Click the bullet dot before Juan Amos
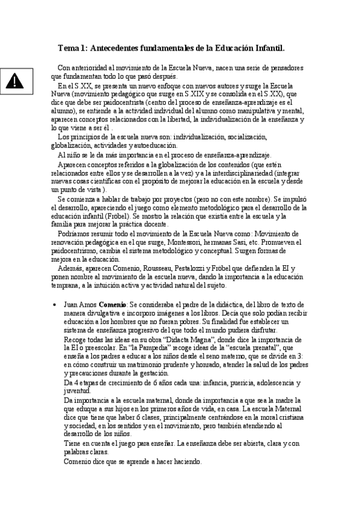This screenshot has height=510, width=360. click(x=55, y=305)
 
